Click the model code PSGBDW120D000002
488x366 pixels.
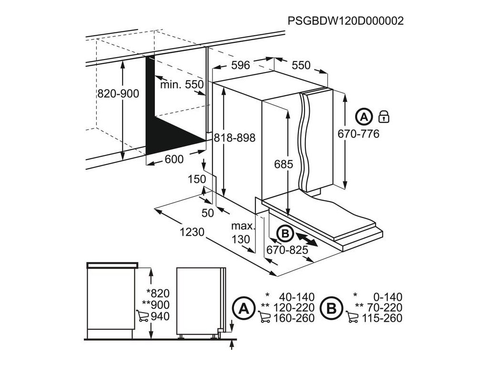pyautogui.click(x=346, y=20)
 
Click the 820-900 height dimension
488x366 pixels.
pyautogui.click(x=118, y=94)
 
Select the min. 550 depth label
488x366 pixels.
pyautogui.click(x=182, y=84)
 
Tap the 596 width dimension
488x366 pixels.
pyautogui.click(x=241, y=65)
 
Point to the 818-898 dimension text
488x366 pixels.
pyautogui.click(x=234, y=138)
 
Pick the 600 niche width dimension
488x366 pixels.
pyautogui.click(x=173, y=160)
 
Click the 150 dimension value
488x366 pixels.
pyautogui.click(x=196, y=179)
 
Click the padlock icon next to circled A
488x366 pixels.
pyautogui.click(x=383, y=116)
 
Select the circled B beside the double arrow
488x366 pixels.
pyautogui.click(x=285, y=234)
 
